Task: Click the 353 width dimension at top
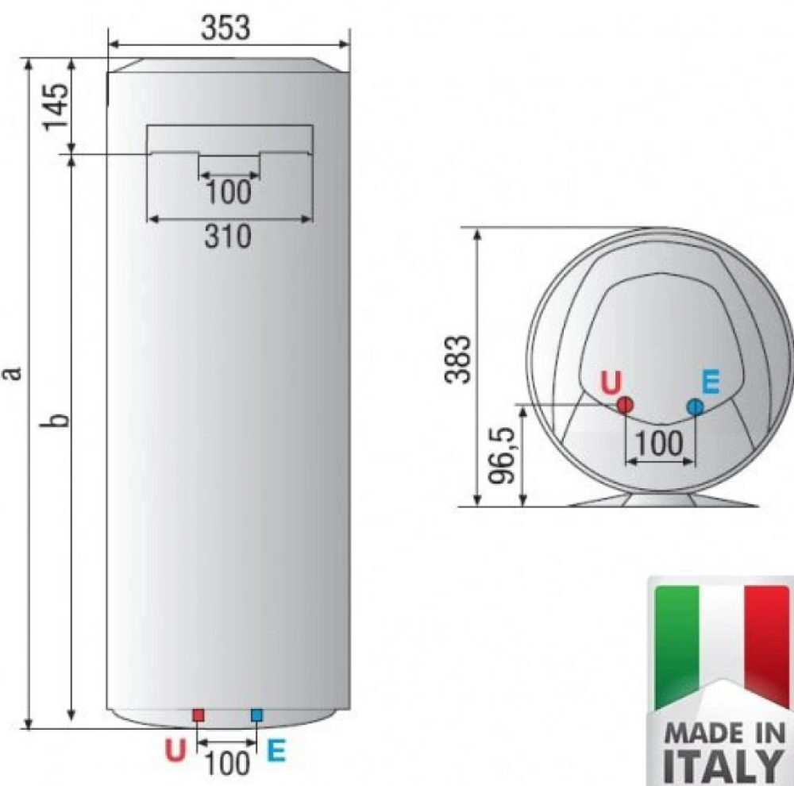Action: (225, 28)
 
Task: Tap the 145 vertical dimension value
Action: (56, 107)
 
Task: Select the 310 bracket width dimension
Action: (228, 237)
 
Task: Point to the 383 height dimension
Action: (459, 359)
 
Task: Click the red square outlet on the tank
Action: (198, 715)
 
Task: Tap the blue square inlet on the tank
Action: (256, 715)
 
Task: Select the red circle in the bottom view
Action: (626, 405)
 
